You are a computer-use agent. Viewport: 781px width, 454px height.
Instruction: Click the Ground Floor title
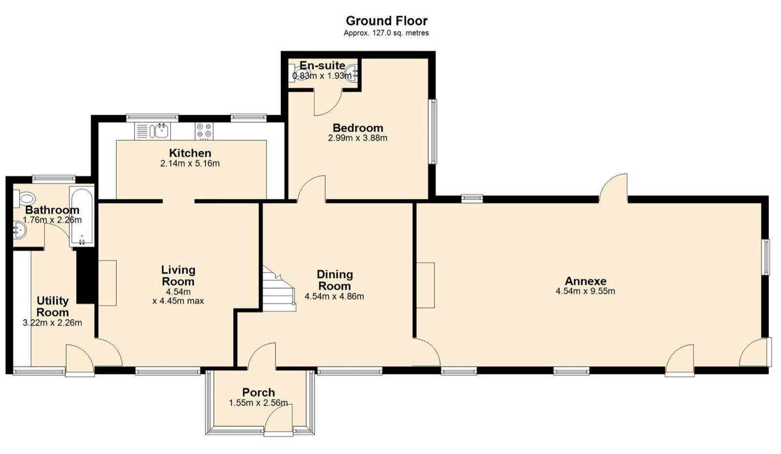tap(386, 21)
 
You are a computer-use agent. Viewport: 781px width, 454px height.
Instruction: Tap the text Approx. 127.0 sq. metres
tap(386, 33)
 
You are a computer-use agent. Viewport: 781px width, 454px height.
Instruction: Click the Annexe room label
tap(585, 281)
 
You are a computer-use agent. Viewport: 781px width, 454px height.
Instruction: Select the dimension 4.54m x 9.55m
tap(585, 292)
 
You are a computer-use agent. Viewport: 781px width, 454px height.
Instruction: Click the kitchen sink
tap(160, 131)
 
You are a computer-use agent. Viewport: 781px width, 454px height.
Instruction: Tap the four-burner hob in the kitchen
tap(204, 131)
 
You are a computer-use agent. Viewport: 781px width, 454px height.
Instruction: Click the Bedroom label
tap(358, 128)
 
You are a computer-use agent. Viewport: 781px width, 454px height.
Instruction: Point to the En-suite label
tap(322, 65)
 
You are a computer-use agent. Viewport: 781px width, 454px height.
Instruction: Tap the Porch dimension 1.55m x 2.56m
tap(258, 403)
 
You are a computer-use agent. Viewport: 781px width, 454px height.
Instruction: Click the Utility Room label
tap(53, 306)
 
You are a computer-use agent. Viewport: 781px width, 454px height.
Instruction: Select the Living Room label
tap(178, 276)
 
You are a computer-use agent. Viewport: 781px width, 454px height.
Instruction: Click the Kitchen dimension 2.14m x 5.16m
tap(190, 164)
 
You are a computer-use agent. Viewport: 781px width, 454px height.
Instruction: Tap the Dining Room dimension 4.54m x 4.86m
tap(334, 296)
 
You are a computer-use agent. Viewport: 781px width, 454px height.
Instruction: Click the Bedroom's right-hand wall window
tap(432, 132)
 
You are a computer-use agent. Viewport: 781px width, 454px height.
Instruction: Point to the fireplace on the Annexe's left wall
tap(425, 285)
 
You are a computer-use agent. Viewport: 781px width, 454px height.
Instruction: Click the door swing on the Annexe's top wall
tap(614, 187)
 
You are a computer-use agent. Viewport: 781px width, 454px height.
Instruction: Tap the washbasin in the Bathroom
tap(19, 230)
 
